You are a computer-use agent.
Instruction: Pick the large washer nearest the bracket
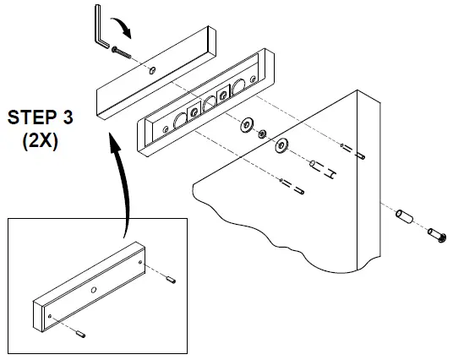tap(247, 124)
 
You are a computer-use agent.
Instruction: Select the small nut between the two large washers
tap(264, 134)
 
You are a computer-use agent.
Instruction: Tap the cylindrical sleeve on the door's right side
tap(402, 218)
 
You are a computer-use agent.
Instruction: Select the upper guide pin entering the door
tap(358, 154)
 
